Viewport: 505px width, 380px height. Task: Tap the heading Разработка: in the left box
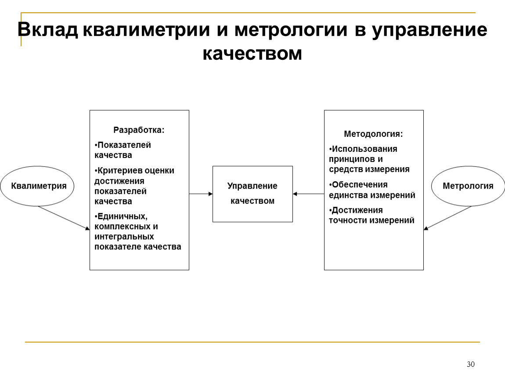tap(139, 130)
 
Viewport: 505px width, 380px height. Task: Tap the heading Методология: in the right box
tap(373, 134)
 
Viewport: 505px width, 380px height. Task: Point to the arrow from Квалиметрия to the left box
tap(64, 218)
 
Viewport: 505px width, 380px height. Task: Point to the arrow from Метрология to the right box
tap(447, 218)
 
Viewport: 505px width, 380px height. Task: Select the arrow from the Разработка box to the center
tap(201, 194)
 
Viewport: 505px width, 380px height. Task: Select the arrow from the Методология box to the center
tap(309, 194)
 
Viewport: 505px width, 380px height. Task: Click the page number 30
tap(471, 364)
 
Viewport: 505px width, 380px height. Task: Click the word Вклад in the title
tap(48, 29)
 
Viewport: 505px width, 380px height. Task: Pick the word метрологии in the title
tap(291, 30)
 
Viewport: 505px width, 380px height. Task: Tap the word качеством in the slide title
tap(252, 53)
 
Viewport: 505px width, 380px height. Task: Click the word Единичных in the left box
tap(122, 216)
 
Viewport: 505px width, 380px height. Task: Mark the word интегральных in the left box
tap(124, 237)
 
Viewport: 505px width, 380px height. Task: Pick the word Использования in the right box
tap(364, 149)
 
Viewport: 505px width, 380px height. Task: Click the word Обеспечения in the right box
tap(359, 185)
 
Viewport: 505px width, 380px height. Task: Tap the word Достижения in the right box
tap(357, 210)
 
